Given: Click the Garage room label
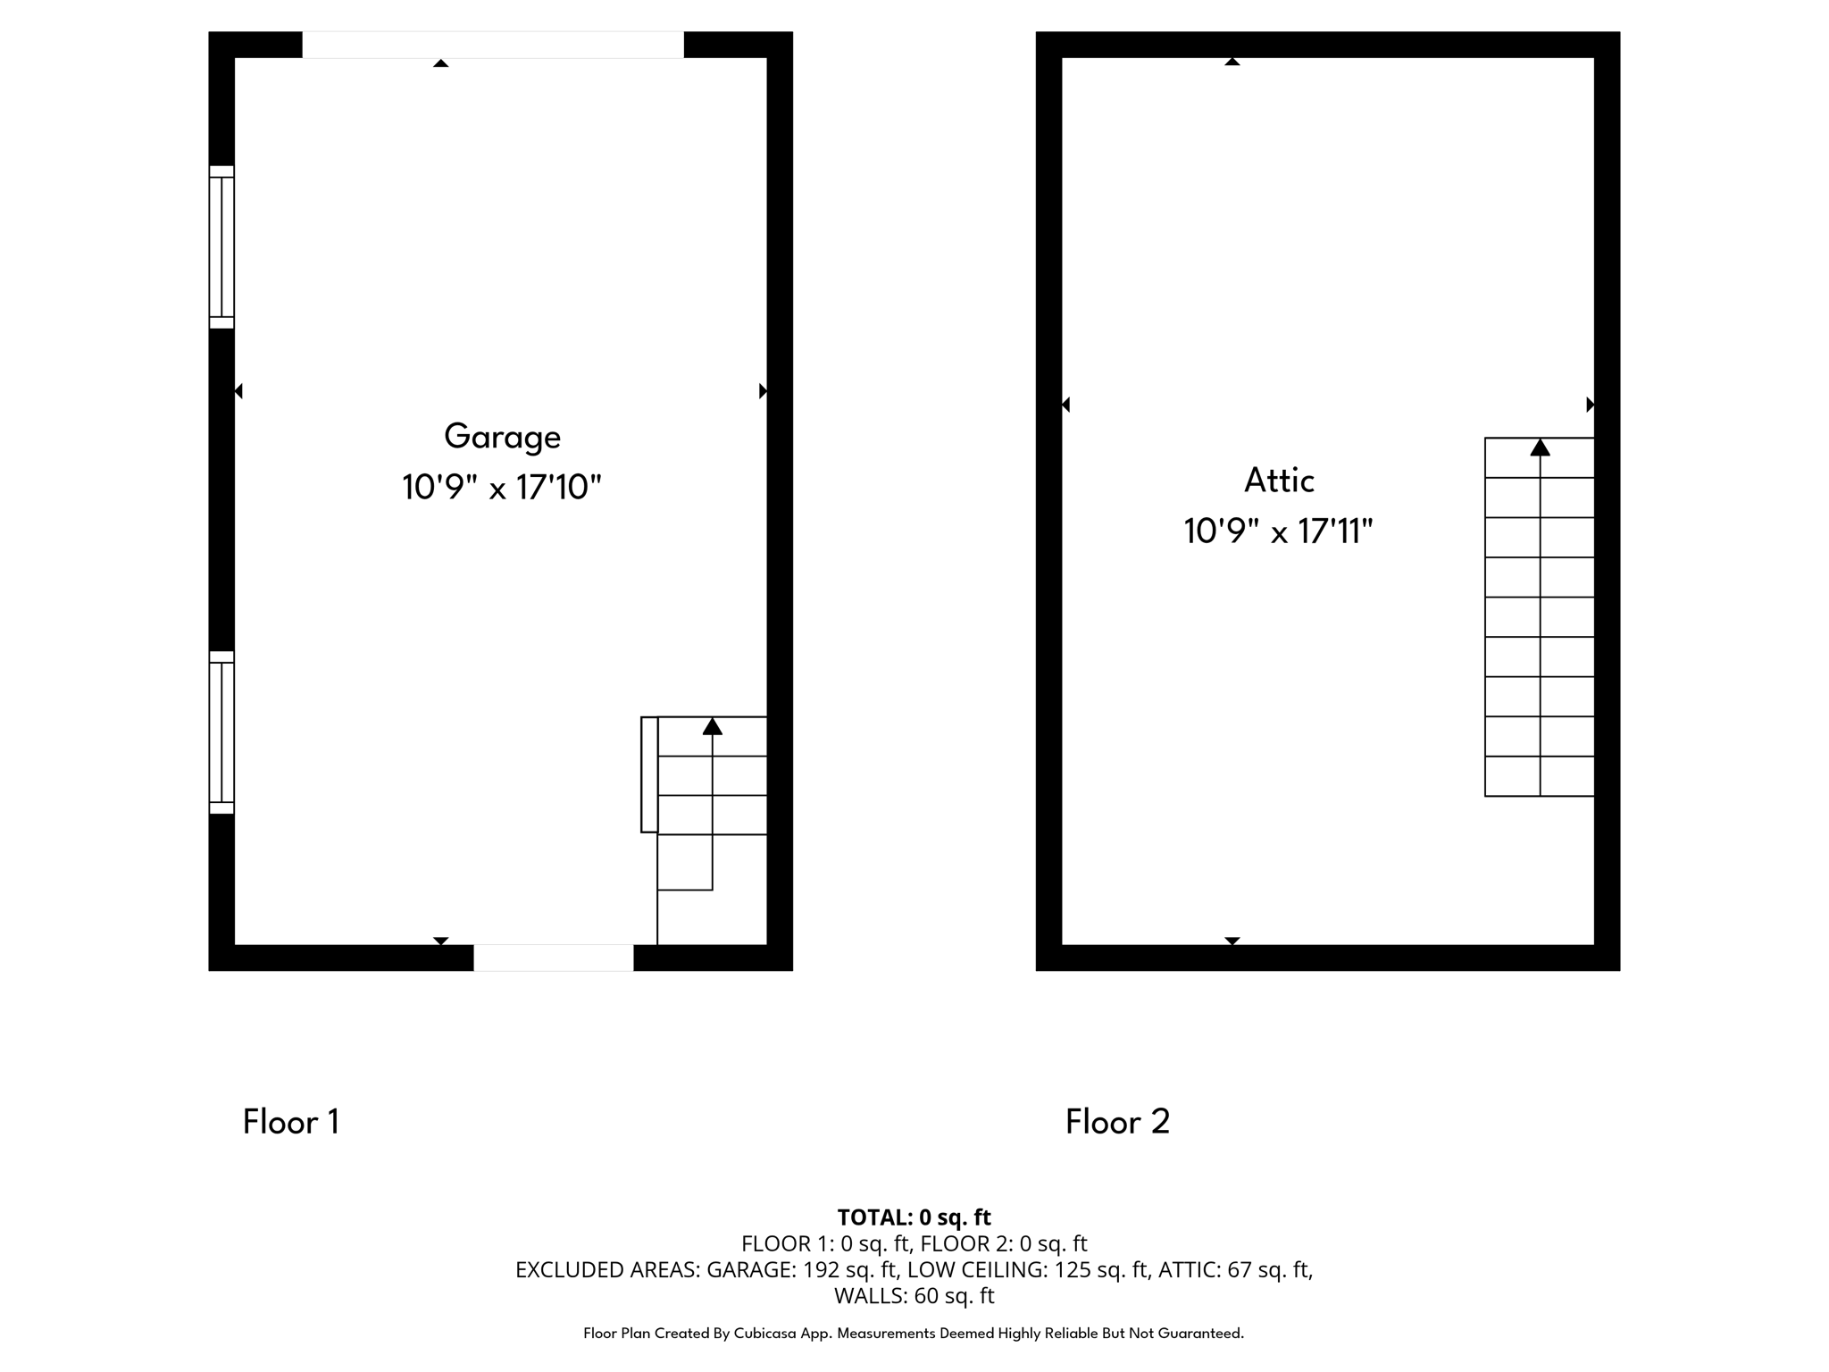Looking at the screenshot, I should tap(502, 437).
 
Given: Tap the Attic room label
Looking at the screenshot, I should tap(1279, 481).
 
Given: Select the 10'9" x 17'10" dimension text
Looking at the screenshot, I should tap(501, 488).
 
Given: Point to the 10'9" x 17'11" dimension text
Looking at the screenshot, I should tap(1278, 531).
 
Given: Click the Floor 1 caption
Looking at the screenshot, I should tap(291, 1122).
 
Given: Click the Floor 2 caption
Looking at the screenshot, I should tap(1117, 1122).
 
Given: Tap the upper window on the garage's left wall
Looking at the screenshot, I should tap(221, 247).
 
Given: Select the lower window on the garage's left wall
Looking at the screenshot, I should tap(221, 732).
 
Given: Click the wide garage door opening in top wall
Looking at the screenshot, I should tap(493, 45).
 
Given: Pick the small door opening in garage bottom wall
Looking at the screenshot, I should tap(554, 958).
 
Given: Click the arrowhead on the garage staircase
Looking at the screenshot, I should tap(712, 726).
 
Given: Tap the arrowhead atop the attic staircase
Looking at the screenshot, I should tap(1540, 448).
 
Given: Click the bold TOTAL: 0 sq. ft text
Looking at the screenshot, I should tap(914, 1217).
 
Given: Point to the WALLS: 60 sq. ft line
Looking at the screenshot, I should tap(914, 1295).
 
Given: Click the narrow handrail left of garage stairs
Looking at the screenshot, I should tap(649, 774).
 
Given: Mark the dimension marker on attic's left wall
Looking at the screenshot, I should tap(1065, 405).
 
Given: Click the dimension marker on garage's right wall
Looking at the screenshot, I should tap(763, 391).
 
